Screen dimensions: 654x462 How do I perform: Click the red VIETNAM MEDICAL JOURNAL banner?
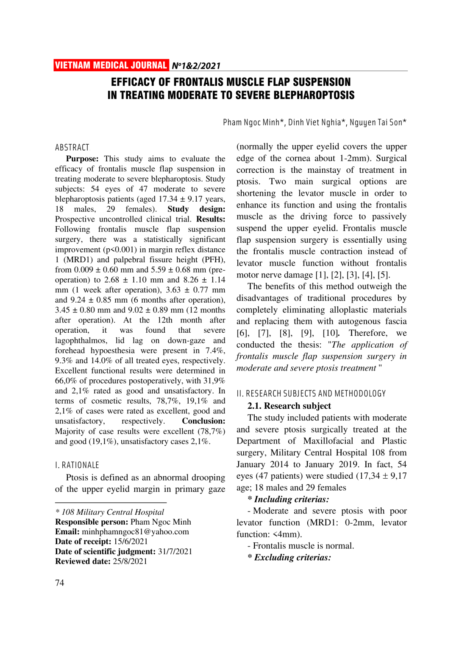pos(111,65)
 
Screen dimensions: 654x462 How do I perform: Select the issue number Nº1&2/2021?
pos(196,66)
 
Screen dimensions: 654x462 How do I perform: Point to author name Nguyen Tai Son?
pos(378,123)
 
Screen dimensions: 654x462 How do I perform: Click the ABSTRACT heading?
pos(72,147)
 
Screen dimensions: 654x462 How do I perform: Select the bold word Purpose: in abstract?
pos(82,159)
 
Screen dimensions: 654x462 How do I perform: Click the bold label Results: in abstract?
pos(211,219)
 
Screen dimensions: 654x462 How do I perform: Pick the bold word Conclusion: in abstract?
pos(203,421)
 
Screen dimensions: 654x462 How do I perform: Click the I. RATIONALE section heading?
pos(77,465)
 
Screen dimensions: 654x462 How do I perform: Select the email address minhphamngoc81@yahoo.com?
pos(135,532)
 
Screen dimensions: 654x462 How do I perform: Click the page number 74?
pos(60,583)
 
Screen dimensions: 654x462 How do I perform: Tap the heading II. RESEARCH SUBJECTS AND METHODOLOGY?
pos(311,394)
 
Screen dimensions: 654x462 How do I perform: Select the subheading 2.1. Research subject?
pos(289,406)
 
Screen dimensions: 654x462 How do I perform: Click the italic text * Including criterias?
pos(288,499)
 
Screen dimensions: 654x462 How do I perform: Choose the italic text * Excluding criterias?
pos(289,557)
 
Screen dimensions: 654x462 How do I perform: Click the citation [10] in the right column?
pos(331,333)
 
